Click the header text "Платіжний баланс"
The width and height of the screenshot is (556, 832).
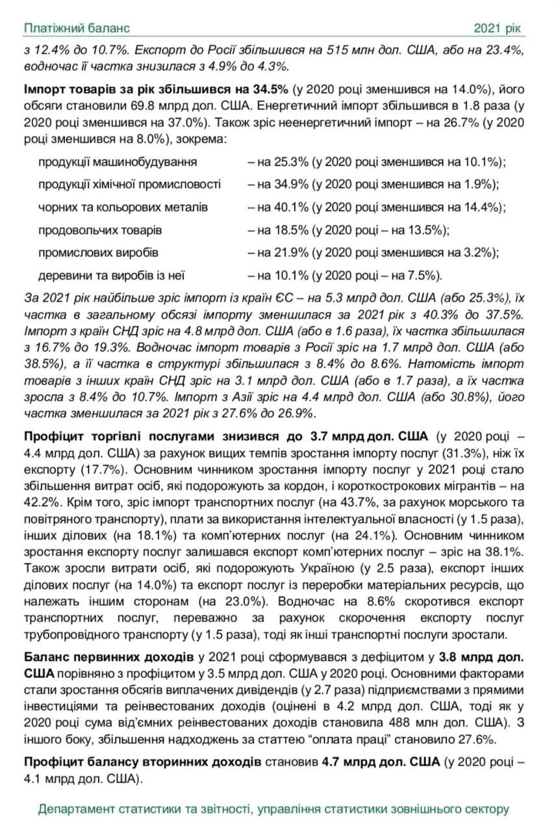(x=77, y=28)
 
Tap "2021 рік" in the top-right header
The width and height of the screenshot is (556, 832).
(x=498, y=28)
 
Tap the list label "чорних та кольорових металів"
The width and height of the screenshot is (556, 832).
(x=123, y=207)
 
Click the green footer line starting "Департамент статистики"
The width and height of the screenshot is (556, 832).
(x=273, y=809)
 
